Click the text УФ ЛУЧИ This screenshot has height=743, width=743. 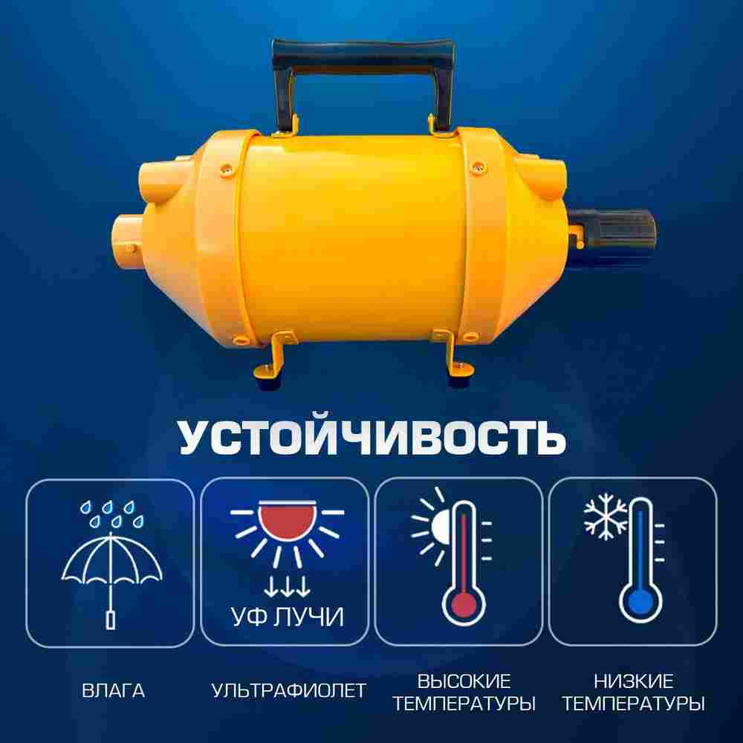coord(285,616)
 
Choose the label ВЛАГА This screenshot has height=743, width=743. coord(114,691)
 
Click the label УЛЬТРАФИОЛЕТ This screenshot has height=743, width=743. coord(288,691)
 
